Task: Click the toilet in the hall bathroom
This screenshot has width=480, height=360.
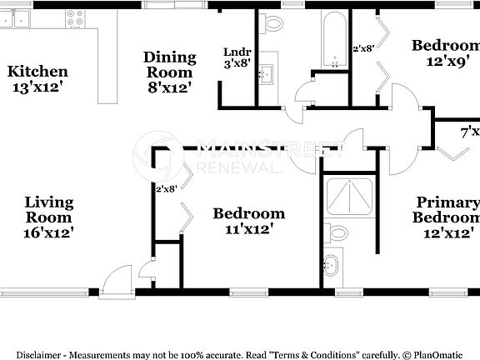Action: click(272, 22)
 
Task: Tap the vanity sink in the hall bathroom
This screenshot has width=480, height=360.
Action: click(267, 76)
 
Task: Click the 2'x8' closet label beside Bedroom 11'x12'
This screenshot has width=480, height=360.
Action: click(167, 189)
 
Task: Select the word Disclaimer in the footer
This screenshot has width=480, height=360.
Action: click(37, 353)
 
